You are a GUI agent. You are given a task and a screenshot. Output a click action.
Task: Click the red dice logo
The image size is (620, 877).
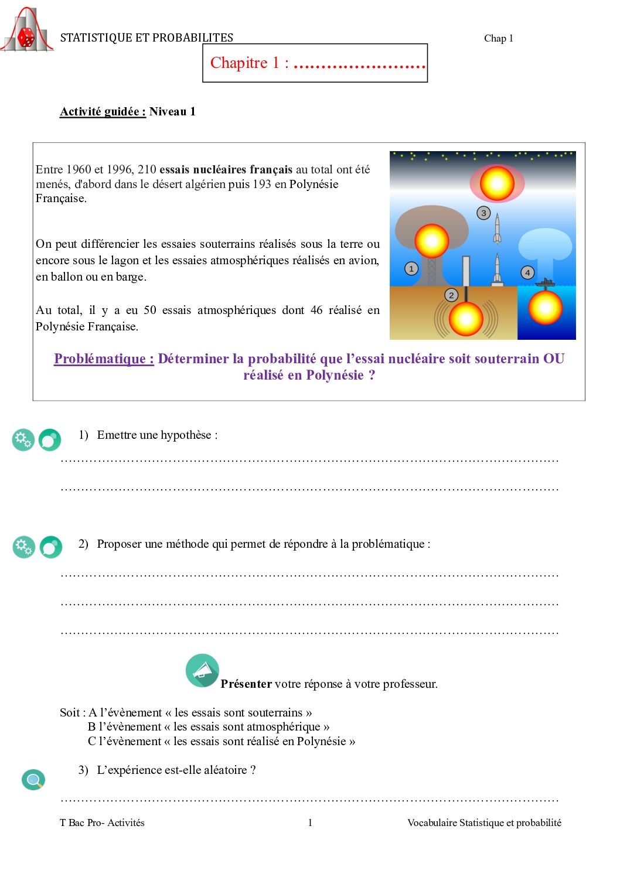pos(26,37)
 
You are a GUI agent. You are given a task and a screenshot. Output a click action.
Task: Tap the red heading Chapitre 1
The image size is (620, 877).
pos(249,63)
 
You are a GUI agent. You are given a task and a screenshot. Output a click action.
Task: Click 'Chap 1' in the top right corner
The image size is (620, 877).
pos(498,39)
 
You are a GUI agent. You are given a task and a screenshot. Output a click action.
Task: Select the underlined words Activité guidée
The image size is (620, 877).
pos(103,112)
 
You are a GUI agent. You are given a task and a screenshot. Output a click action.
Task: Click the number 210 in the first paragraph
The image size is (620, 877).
pos(147,170)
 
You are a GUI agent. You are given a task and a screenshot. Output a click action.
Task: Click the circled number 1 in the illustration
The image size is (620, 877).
pos(411,269)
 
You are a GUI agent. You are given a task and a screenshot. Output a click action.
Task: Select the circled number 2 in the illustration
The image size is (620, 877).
pos(451,295)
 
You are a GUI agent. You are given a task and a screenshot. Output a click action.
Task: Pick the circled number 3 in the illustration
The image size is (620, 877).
pos(483,213)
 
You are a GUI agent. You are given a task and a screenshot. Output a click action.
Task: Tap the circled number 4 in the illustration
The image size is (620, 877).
pos(527,272)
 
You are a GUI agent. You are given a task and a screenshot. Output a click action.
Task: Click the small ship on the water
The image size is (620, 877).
pos(545,283)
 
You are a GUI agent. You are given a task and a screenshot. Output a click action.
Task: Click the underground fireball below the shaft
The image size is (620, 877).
pos(466,319)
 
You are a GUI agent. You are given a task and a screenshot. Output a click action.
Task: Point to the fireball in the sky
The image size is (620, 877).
pos(497,183)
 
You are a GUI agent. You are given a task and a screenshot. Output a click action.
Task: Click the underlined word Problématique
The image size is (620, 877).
pos(104,359)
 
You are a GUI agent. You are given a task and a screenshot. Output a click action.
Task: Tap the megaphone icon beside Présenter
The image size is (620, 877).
pos(202,670)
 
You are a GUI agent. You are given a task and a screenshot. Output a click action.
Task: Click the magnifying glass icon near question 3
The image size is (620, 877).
pos(33,780)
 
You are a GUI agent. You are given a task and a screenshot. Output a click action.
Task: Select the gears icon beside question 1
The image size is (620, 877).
pos(23,439)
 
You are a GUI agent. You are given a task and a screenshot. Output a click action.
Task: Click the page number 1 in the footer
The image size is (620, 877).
pos(310,823)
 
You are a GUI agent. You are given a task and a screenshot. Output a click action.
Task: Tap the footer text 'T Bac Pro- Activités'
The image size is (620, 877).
pos(102,823)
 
